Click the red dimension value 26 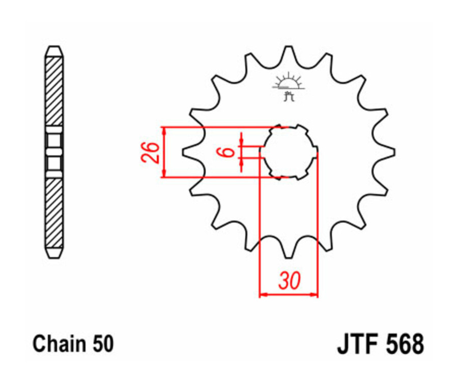(x=151, y=152)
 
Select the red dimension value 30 (x=289, y=281)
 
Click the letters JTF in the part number (x=357, y=344)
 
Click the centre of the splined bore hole (x=289, y=152)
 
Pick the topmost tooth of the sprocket (x=289, y=51)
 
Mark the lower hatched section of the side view (x=54, y=211)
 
